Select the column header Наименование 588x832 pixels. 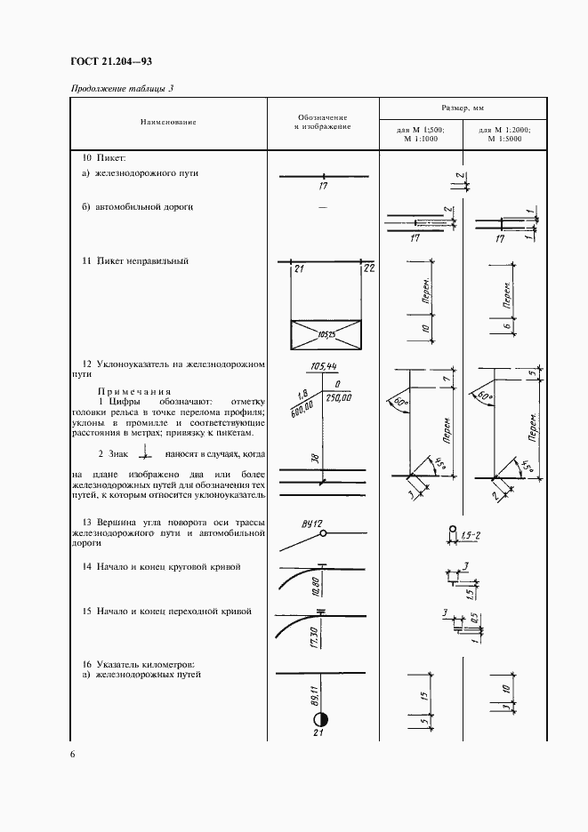click(167, 122)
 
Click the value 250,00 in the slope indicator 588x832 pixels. click(339, 400)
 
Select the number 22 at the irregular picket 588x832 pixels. click(368, 268)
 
